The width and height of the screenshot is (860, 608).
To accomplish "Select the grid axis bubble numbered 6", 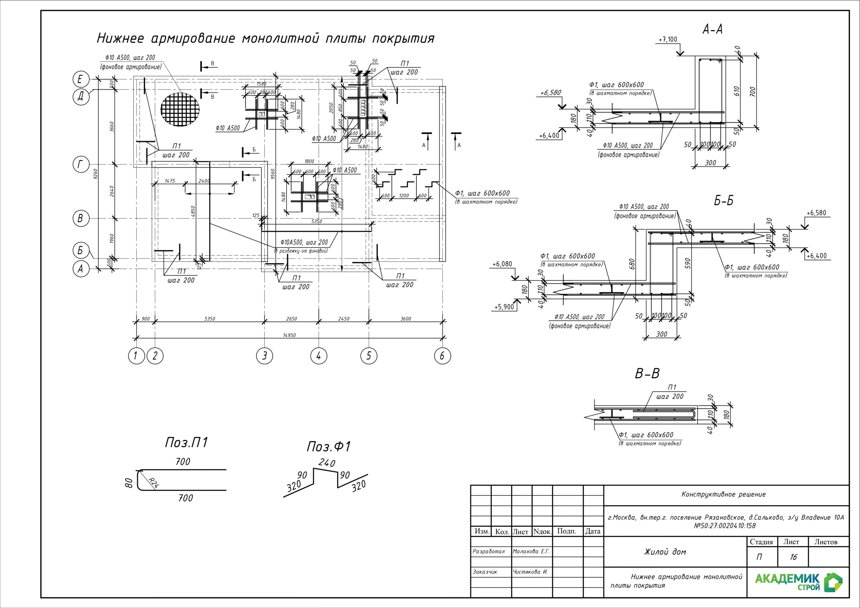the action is pos(442,355).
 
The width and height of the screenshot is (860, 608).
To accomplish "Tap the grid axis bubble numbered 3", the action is pos(265,355).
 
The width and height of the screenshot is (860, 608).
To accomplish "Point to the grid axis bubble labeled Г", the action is pos(80,165).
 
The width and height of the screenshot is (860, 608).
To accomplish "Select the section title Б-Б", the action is pos(723,201).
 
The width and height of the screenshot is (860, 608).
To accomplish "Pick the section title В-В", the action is pos(647,374).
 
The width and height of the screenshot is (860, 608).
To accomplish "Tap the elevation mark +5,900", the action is pos(504,307).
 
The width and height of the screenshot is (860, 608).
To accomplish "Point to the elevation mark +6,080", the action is pos(502,264).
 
